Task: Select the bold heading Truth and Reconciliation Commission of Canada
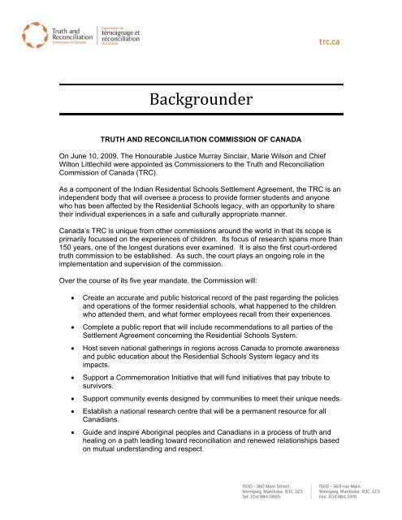(x=200, y=140)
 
